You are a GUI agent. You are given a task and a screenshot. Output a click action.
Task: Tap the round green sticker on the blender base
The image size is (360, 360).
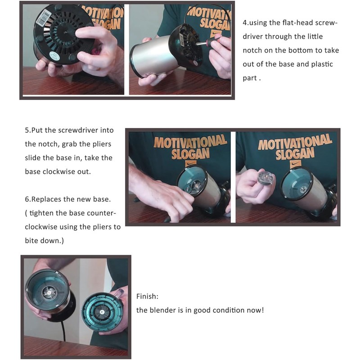pyautogui.click(x=54, y=56)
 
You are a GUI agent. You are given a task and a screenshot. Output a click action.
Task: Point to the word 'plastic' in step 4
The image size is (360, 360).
pyautogui.click(x=322, y=64)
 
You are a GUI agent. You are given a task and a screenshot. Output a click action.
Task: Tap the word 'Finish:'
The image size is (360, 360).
pyautogui.click(x=148, y=297)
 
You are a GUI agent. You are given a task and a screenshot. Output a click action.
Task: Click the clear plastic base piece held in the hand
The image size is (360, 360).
pyautogui.click(x=266, y=177)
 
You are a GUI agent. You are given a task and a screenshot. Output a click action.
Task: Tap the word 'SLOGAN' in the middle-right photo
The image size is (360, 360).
pyautogui.click(x=295, y=154)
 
